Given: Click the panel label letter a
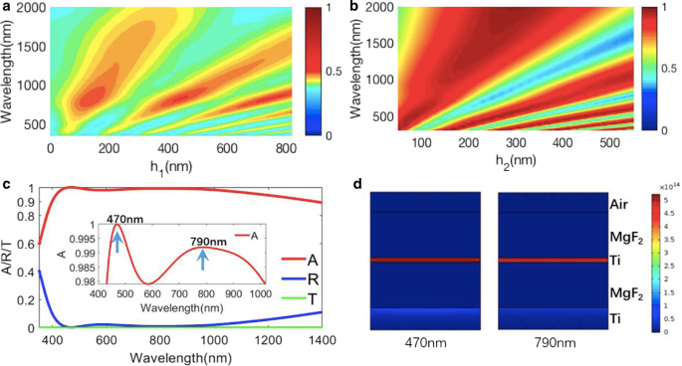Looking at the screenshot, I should [x=6, y=8].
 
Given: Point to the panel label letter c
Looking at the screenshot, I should [x=6, y=184].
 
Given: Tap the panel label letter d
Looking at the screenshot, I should [x=357, y=184].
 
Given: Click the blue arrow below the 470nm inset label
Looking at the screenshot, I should [x=116, y=242].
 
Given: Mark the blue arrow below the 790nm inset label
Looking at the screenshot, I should [x=203, y=261].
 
